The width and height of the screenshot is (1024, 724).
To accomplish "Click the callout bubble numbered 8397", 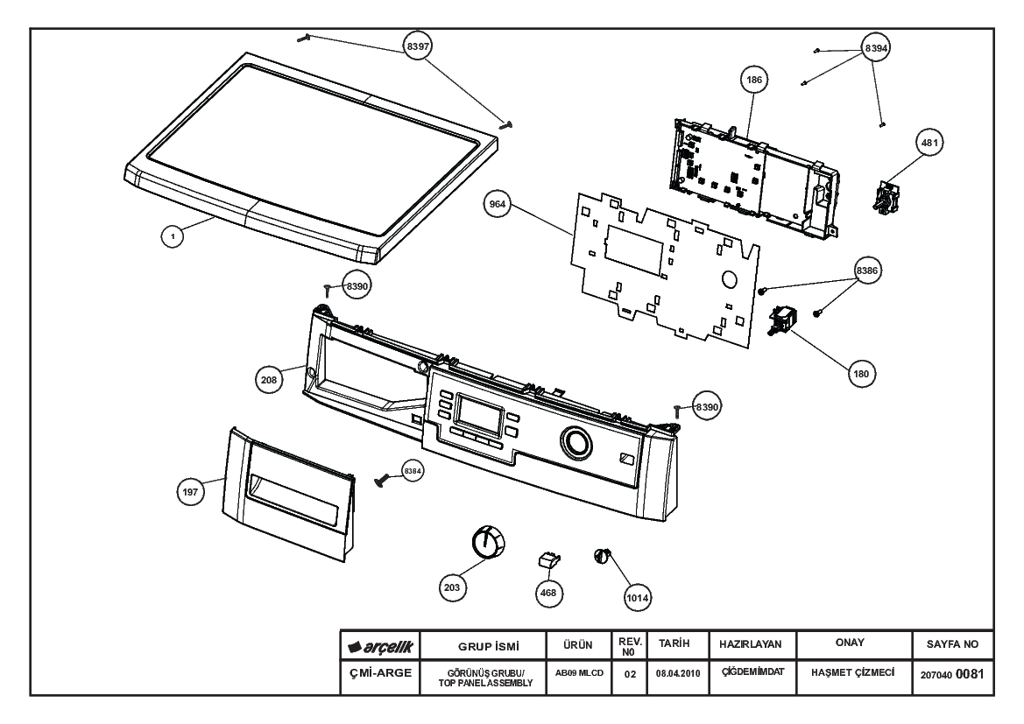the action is [x=418, y=46].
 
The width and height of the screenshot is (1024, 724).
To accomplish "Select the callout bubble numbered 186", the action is [x=753, y=80].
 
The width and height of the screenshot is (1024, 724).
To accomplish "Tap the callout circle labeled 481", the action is [x=929, y=143].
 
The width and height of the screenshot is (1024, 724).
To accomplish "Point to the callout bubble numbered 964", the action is [x=497, y=204].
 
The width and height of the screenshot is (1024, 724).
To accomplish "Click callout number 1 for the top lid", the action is [x=173, y=236].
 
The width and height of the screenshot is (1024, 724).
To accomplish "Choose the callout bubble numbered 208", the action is [x=269, y=379].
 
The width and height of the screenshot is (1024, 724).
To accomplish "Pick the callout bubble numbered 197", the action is [x=190, y=492].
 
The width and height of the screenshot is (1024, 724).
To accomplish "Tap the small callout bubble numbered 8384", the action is [x=413, y=471].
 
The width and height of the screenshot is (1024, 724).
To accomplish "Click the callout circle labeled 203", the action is [x=452, y=587].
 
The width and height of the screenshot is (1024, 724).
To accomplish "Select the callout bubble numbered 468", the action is [x=548, y=593].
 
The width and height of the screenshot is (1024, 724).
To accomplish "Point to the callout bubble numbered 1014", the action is [x=638, y=597].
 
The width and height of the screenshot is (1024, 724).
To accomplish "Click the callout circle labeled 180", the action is [x=861, y=374].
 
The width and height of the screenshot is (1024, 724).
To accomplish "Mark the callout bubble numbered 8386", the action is [x=867, y=271].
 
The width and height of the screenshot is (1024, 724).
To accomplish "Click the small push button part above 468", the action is [x=549, y=559].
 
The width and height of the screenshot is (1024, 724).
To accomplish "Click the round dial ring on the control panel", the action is [x=576, y=443].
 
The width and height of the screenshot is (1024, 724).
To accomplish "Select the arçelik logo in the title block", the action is [x=381, y=647].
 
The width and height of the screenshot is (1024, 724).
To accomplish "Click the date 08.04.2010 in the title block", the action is [x=678, y=674].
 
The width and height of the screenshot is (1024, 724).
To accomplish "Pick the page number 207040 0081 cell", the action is [x=952, y=674].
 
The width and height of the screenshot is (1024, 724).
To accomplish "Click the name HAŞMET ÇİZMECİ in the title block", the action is [x=853, y=672].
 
